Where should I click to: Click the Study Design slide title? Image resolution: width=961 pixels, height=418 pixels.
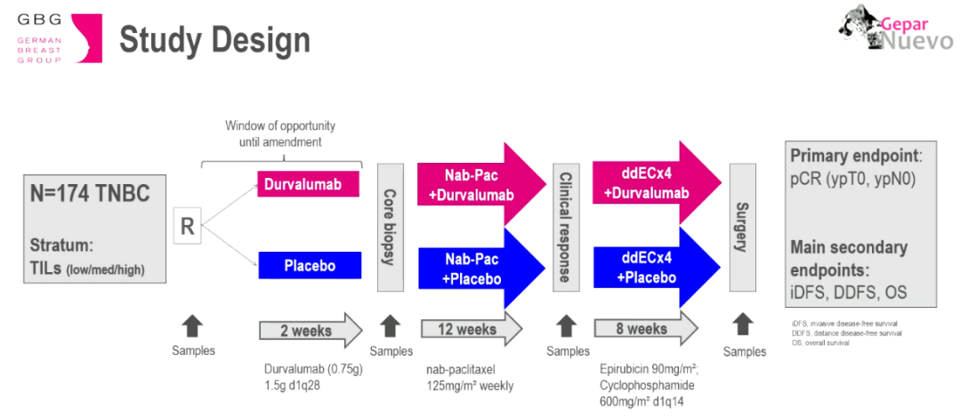214,41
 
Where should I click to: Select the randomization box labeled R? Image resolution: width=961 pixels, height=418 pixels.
187,227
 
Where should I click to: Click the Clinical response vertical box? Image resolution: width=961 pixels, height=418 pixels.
563,226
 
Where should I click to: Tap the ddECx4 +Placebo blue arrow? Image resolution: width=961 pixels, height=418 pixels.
654,268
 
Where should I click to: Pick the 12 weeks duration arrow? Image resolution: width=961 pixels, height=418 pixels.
471,330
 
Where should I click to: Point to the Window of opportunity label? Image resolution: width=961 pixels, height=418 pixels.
280,134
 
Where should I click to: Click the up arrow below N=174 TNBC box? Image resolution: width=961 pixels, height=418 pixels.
193,325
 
